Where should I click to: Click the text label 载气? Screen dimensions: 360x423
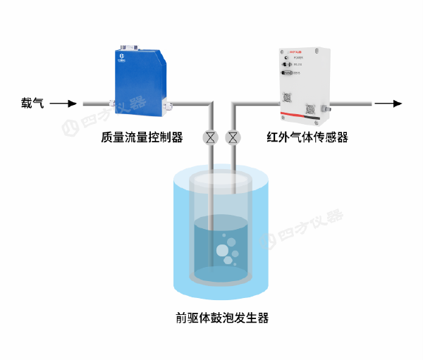[x=32, y=104]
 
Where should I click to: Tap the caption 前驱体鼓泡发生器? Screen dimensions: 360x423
[x=222, y=318]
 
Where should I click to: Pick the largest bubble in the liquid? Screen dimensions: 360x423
[x=222, y=249]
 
